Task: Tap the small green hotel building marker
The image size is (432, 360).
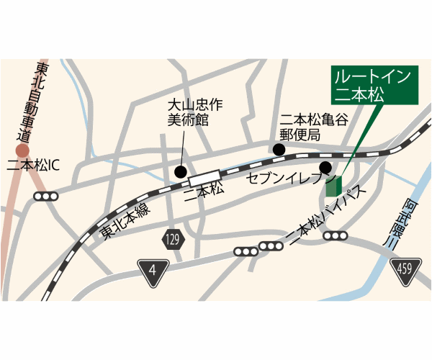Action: [x=332, y=186]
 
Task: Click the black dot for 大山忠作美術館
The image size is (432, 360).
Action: [x=180, y=172]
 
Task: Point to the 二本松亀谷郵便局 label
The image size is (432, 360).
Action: [x=314, y=127]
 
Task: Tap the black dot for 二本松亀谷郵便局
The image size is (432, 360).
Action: [x=279, y=150]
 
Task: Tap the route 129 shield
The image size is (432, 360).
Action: [x=171, y=240]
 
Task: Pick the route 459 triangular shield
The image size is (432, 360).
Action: [x=403, y=269]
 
